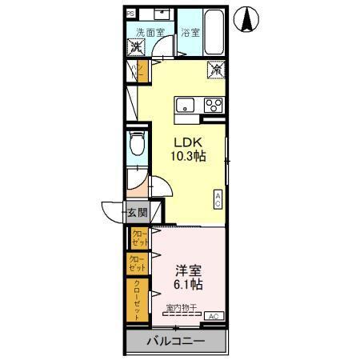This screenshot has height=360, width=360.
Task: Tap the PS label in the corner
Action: click(x=130, y=14)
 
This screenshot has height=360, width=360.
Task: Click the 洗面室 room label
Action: click(x=150, y=33)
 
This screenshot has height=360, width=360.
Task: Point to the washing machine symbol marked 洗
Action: click(x=137, y=47)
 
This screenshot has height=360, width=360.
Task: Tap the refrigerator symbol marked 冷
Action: click(x=217, y=70)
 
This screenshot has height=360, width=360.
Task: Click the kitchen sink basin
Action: click(x=185, y=105)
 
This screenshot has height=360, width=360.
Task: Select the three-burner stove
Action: click(x=214, y=104)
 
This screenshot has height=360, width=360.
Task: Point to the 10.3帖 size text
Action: click(x=188, y=156)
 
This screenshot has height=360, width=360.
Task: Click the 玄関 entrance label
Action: click(x=137, y=213)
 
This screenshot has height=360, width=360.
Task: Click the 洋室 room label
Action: click(x=188, y=270)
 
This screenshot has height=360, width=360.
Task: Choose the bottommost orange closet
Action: click(x=137, y=300)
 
